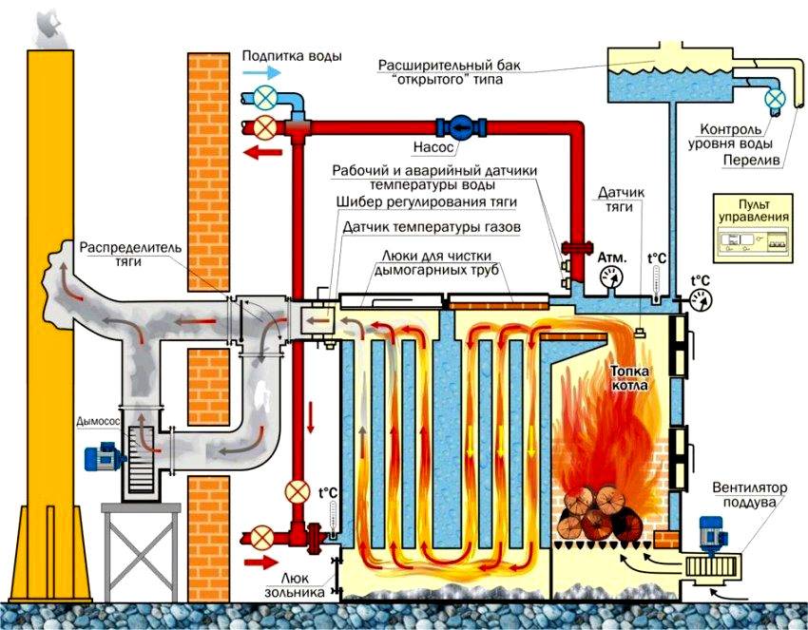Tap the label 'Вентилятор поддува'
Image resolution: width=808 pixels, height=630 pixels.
point(751,493)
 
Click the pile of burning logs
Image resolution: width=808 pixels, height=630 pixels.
point(597,512)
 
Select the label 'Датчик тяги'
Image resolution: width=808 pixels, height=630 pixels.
point(622,200)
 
